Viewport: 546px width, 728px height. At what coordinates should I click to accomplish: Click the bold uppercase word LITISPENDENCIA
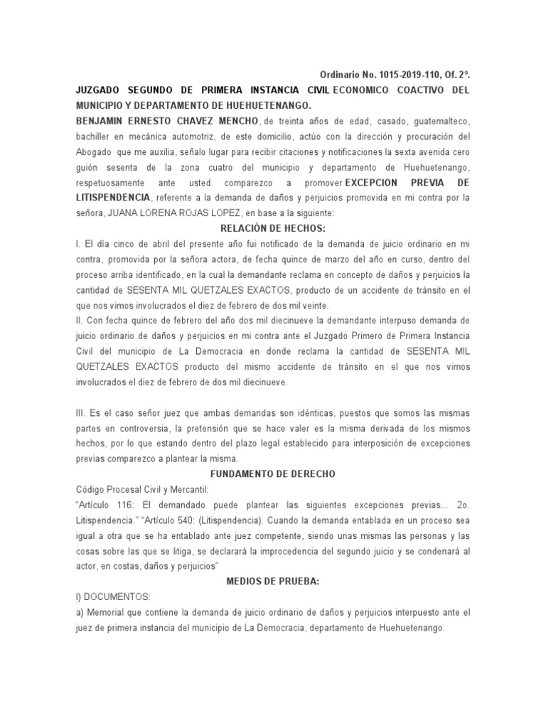pos(113,197)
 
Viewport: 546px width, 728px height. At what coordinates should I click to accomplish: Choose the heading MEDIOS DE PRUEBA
pos(273,582)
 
